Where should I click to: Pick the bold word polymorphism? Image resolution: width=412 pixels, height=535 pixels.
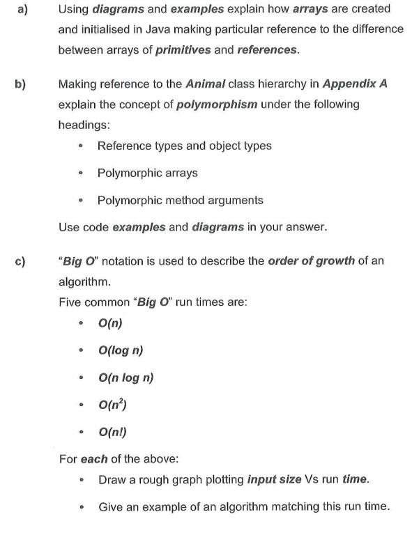(217, 104)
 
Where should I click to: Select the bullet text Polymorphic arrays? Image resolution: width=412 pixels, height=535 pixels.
(147, 173)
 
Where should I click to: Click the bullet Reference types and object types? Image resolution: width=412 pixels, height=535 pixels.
(184, 146)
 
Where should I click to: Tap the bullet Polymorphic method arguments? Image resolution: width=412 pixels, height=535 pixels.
(180, 201)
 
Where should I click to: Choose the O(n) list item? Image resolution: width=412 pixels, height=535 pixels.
(110, 323)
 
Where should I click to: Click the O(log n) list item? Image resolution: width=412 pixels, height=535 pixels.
(121, 350)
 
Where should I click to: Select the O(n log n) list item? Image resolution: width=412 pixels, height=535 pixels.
(125, 378)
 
